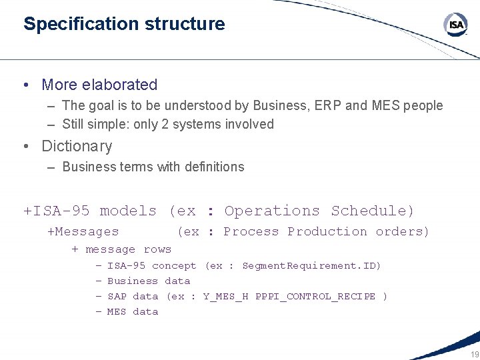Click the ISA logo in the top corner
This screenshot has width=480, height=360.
tap(456, 25)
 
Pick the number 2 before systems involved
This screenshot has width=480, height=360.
tap(165, 124)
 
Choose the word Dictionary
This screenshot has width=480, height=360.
tap(77, 146)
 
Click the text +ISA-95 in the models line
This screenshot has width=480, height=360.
tap(57, 211)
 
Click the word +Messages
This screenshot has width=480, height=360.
tap(83, 232)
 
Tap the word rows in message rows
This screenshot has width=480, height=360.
tap(157, 249)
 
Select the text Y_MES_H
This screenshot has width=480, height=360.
tap(225, 297)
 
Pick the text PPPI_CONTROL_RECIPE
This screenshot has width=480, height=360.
tap(315, 297)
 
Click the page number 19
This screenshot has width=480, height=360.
tap(473, 354)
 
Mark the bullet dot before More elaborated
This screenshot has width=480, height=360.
tap(25, 85)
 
